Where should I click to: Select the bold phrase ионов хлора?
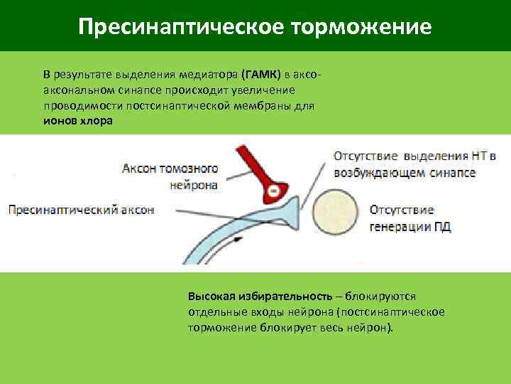pyautogui.click(x=77, y=120)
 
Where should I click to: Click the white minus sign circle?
pyautogui.click(x=273, y=191)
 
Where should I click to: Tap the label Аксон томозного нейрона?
pyautogui.click(x=170, y=176)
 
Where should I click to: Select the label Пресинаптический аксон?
pyautogui.click(x=81, y=210)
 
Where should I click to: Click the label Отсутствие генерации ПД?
pyautogui.click(x=410, y=218)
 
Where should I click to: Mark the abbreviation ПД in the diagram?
pyautogui.click(x=441, y=227)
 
